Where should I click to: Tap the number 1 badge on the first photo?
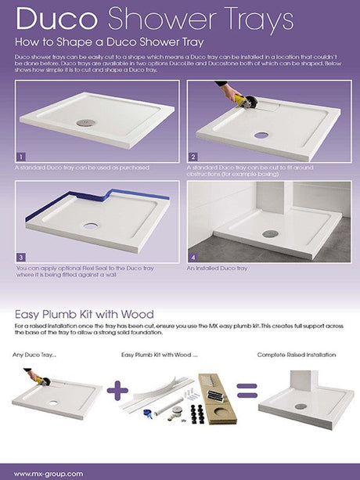(21, 156)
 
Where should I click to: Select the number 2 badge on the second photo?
(193, 156)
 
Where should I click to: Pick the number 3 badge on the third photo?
(21, 256)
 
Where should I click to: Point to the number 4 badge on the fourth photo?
(193, 256)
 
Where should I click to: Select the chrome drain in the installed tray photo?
(270, 233)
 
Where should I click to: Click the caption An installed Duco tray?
(218, 269)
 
